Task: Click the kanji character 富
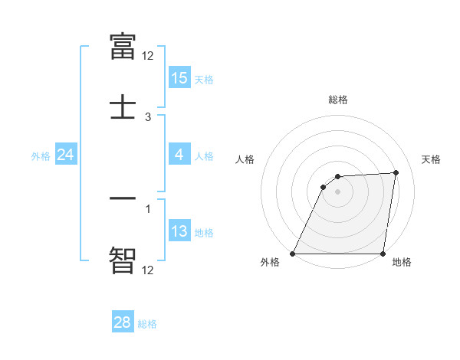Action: (x=123, y=47)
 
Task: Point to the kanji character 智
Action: (x=123, y=260)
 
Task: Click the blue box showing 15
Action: (x=179, y=78)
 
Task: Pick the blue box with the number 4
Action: (x=179, y=155)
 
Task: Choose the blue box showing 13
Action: (x=179, y=231)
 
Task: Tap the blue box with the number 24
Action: (x=66, y=155)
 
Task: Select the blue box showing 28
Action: (x=123, y=322)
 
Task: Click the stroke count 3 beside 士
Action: (x=148, y=117)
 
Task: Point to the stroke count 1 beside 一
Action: (x=148, y=207)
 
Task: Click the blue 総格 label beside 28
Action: (x=147, y=324)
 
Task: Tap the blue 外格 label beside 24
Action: (x=41, y=156)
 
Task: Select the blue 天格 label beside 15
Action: (x=204, y=80)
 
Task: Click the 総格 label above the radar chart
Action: (x=338, y=100)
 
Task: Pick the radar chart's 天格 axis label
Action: (x=431, y=159)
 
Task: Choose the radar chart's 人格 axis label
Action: (x=245, y=159)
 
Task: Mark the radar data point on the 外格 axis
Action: (x=293, y=254)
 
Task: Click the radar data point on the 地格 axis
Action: (x=383, y=254)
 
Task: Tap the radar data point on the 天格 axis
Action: (x=396, y=172)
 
